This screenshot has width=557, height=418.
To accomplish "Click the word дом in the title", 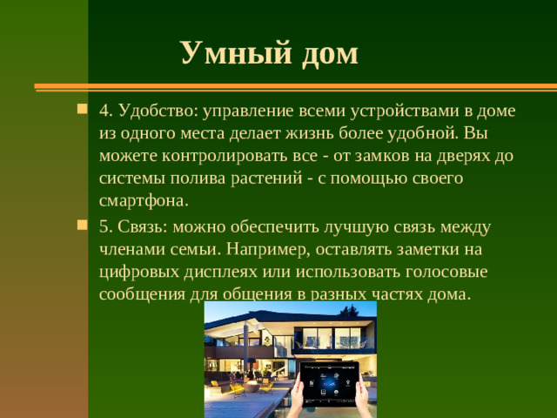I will pyautogui.click(x=330, y=53).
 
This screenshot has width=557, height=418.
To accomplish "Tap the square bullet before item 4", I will pyautogui.click(x=82, y=111).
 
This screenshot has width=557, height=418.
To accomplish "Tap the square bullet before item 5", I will pyautogui.click(x=82, y=225).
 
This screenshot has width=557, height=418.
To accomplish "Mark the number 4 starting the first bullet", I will pyautogui.click(x=104, y=112).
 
